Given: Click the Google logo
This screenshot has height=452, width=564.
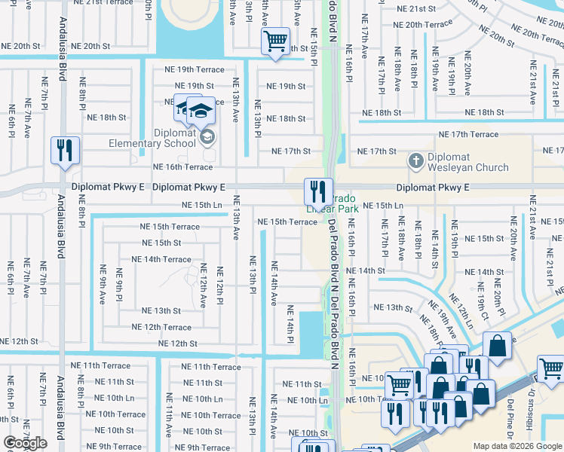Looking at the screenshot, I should pos(25,443).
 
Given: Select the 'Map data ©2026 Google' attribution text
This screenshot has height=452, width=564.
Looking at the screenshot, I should pos(517,446).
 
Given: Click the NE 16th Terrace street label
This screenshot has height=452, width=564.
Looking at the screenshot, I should pos(182,167).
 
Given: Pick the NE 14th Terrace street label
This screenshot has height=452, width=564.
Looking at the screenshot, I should pos(161,259).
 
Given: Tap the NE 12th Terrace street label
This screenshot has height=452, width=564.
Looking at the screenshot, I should pos(161,327).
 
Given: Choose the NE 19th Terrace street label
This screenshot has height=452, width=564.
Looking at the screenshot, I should pos(195,70).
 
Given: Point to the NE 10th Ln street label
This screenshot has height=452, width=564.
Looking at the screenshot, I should pos(202,399).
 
